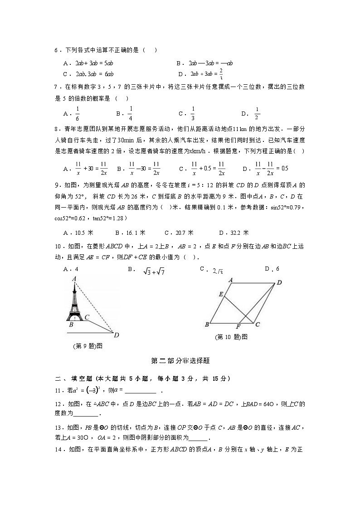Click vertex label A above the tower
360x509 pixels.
(x=73, y=278)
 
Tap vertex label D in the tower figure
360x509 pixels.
(x=117, y=335)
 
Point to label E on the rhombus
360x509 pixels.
(x=221, y=295)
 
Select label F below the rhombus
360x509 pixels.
(x=238, y=327)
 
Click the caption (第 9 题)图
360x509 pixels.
(x=88, y=346)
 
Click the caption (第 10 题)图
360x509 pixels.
(x=231, y=337)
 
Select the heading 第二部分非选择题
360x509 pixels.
(x=180, y=361)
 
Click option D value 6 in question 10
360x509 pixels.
(x=277, y=269)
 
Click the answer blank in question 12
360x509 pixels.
(x=85, y=414)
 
